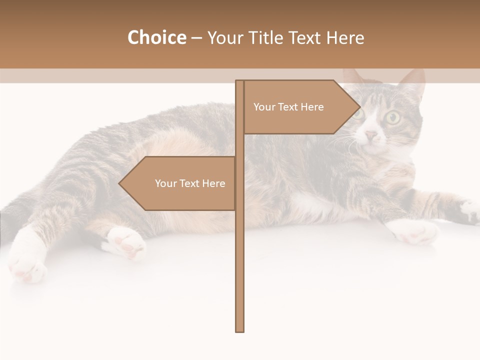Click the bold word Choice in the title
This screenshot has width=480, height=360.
pos(156,37)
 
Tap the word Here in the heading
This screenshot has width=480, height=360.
pos(345,37)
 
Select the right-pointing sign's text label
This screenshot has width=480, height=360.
pos(288,107)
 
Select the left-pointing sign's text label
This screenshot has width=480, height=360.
pos(190,183)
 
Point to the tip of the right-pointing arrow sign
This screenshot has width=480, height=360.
pos(359,106)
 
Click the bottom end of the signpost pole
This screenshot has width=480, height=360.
pos(239,330)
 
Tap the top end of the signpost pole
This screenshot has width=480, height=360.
pos(239,81)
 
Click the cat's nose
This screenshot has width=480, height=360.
pos(370,135)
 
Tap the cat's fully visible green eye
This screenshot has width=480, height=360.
pos(392,118)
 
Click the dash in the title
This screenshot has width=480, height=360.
pos(196,38)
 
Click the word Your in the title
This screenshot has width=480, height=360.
pos(224,37)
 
